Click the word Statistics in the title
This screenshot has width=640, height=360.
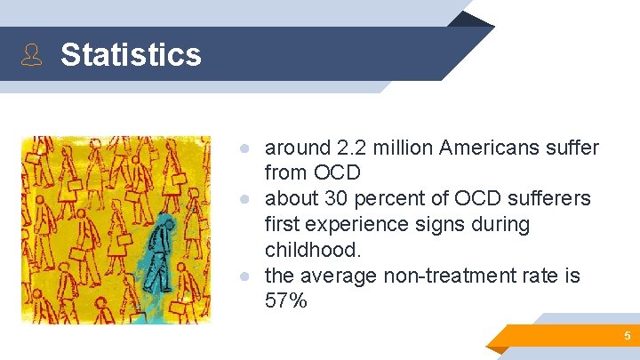point(131,55)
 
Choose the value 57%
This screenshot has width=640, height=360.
point(285,301)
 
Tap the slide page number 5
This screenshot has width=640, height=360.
point(627,336)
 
